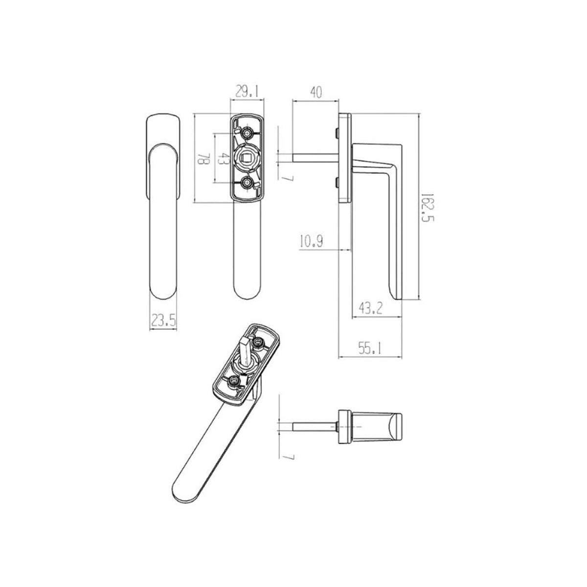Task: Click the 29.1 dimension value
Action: pyautogui.click(x=247, y=91)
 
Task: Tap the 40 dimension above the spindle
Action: pyautogui.click(x=316, y=92)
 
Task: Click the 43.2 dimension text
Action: pyautogui.click(x=370, y=309)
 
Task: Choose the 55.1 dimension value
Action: pyautogui.click(x=370, y=348)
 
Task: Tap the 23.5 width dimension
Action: pyautogui.click(x=163, y=321)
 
